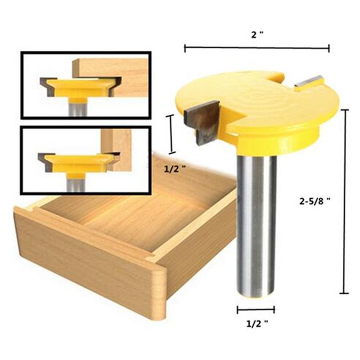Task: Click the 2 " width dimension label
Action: point(257,35)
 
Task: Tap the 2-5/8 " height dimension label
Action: point(315,201)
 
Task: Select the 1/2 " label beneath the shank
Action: point(257,324)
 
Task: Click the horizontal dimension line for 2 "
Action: point(257,48)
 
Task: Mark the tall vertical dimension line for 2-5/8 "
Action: point(344,201)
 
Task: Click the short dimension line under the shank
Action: point(256,310)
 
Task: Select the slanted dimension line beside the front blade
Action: point(172,134)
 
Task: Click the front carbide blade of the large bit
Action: point(203,121)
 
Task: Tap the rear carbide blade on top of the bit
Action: point(309,81)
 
